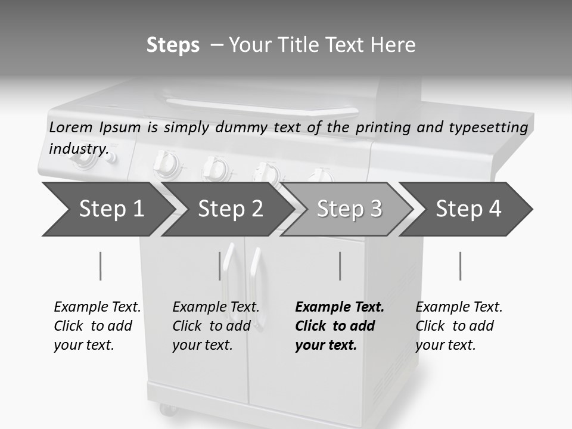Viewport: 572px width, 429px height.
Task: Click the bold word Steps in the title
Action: (x=173, y=45)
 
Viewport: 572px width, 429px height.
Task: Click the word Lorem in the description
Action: (x=70, y=127)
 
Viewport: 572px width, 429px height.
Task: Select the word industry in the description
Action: (x=77, y=148)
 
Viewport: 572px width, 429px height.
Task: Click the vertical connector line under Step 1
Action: (x=101, y=266)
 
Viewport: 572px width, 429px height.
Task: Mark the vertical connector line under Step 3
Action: (x=340, y=266)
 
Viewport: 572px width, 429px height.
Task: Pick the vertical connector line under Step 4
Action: (x=461, y=266)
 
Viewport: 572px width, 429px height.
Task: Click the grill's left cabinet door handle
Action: (x=227, y=274)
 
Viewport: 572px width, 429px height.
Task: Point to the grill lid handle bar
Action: (x=262, y=108)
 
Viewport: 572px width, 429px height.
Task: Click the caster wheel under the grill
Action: (x=167, y=410)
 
